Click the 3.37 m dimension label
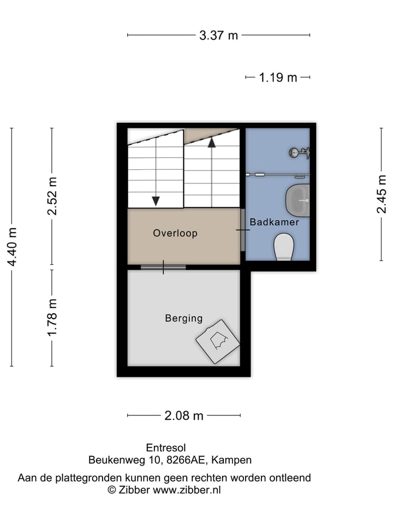(218, 35)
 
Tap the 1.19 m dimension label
(278, 78)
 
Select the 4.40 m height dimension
(12, 247)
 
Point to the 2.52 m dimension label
(52, 196)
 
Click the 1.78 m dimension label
(52, 318)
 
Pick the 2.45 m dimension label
(382, 194)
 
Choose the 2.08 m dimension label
(184, 416)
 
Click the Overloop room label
(175, 233)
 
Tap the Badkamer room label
(275, 222)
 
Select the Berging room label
(184, 318)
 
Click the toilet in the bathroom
(283, 247)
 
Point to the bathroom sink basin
(297, 200)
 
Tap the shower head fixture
(300, 153)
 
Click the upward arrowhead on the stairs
(211, 142)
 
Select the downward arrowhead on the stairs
(156, 201)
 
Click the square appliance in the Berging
(218, 342)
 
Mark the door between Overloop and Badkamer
(243, 230)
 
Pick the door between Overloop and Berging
(163, 267)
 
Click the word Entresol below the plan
(166, 448)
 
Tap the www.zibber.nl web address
(187, 490)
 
